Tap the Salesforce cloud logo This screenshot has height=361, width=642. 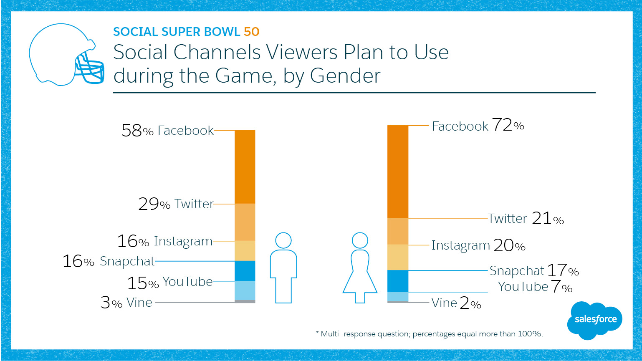pos(595,320)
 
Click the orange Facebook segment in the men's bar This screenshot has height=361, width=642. pos(245,167)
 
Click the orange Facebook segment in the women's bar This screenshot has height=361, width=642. pos(398,171)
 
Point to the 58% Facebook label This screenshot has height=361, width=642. pos(167,131)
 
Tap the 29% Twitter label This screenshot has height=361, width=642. pos(176,204)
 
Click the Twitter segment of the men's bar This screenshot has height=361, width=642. pos(245,222)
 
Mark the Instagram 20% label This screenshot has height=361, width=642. pos(478,245)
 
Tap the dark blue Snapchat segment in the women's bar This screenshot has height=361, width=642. pos(398,281)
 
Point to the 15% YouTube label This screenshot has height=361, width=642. pos(170,283)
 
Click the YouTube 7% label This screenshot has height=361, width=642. pos(535,287)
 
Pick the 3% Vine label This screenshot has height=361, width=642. pos(126,303)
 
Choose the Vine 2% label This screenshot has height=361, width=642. pos(456,303)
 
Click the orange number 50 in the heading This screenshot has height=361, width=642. pos(252,32)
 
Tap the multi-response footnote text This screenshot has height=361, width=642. pos(430,334)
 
